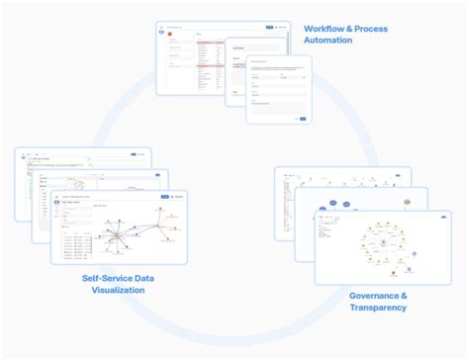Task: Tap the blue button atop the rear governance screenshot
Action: click(x=396, y=174)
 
